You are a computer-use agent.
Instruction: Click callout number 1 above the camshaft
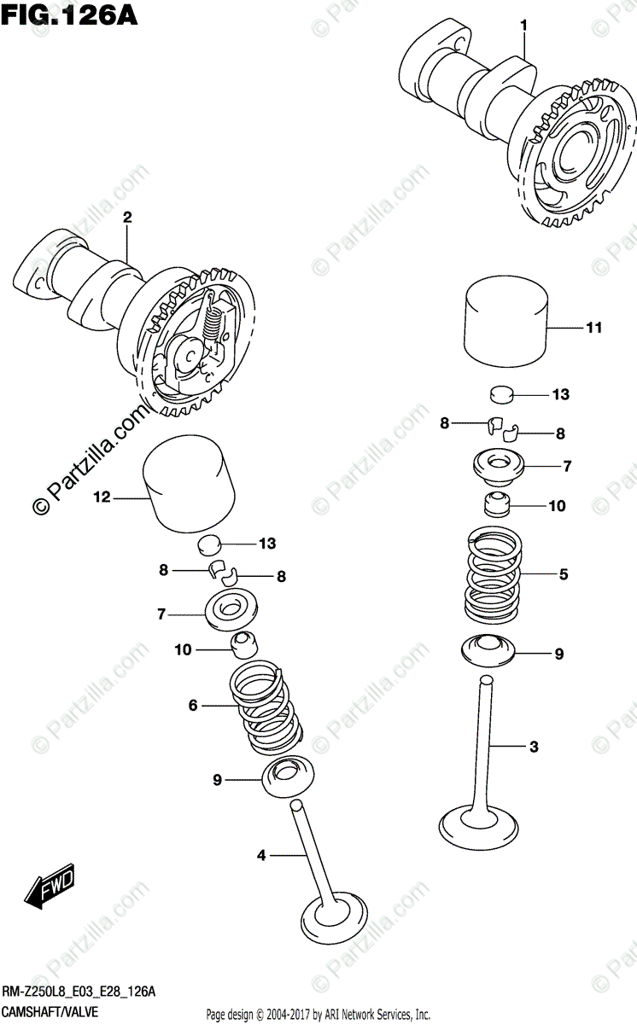(x=524, y=26)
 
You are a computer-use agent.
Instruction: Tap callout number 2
(x=127, y=218)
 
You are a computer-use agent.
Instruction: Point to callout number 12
(x=102, y=498)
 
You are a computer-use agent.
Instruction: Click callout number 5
(x=564, y=574)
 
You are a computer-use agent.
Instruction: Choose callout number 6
(x=193, y=705)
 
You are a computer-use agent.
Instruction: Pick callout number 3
(x=534, y=748)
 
